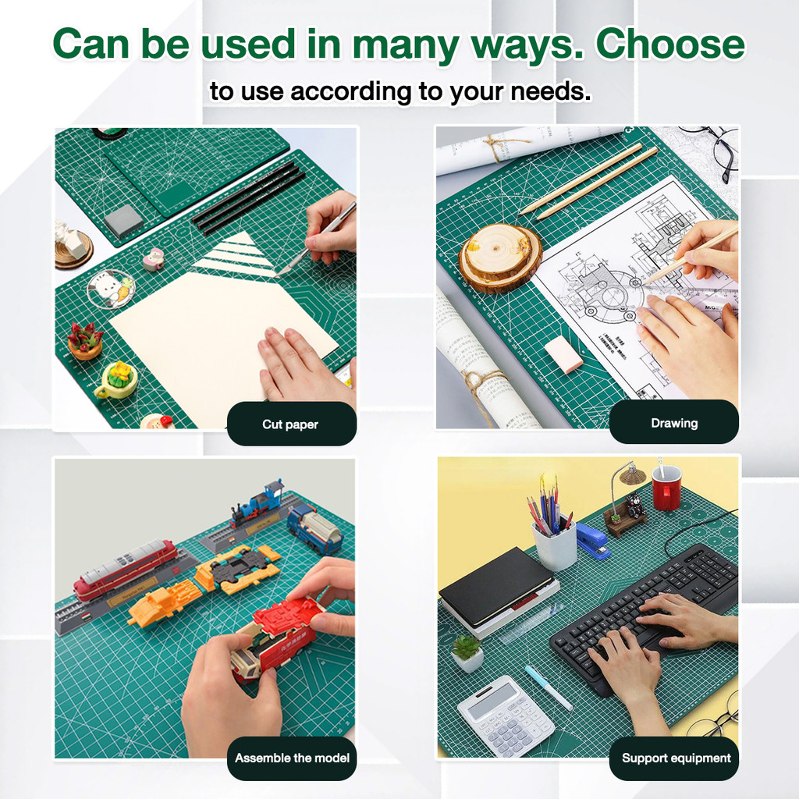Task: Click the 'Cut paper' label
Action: (x=290, y=424)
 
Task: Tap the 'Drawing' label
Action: (x=673, y=423)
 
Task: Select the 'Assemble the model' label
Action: (x=292, y=758)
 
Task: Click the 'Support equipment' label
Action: (x=676, y=758)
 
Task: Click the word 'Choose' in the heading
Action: (x=669, y=44)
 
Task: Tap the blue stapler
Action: (x=592, y=539)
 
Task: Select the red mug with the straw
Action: (x=666, y=488)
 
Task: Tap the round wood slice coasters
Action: (x=499, y=257)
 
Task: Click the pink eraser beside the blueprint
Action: (x=563, y=354)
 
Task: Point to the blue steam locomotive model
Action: (x=257, y=505)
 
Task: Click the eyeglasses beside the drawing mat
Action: (x=719, y=151)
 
